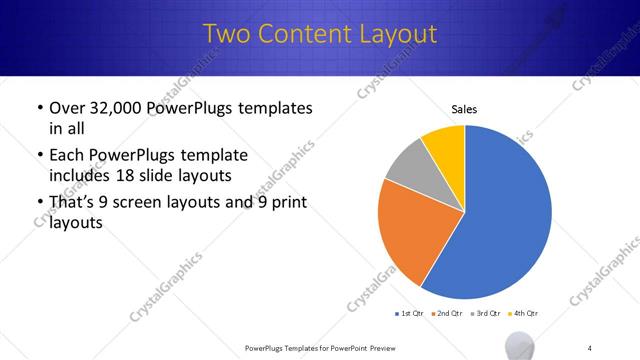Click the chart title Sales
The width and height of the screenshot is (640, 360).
point(464,108)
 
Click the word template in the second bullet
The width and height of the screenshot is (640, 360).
point(215,156)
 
